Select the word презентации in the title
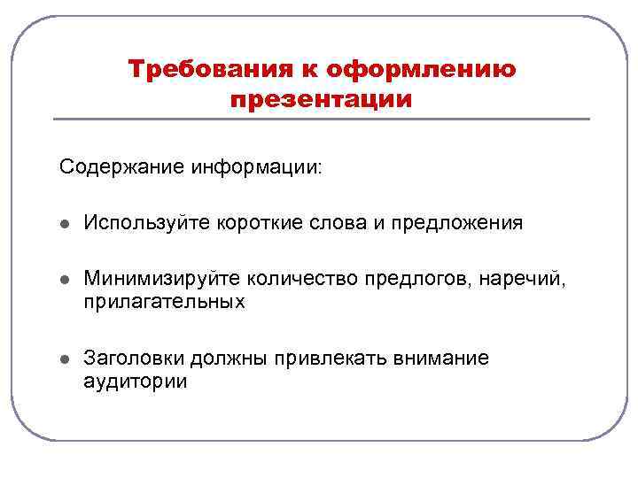321,99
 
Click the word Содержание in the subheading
121,166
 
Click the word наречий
526,280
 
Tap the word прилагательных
164,303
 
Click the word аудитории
135,382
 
